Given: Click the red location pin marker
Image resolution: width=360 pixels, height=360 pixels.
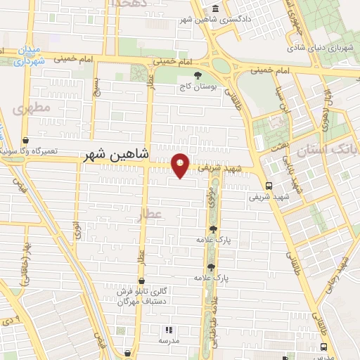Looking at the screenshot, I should click(181, 165).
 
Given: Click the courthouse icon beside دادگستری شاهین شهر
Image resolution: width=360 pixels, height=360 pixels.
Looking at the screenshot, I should click(215, 9).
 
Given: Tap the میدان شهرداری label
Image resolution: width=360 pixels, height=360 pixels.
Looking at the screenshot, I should click(27, 56).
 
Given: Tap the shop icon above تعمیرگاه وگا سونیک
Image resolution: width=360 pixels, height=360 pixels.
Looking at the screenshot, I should click(26, 140).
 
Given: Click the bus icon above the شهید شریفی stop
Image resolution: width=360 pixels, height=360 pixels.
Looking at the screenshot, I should click(269, 186).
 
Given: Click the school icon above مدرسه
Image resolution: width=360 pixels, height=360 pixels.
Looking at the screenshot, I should click(168, 329).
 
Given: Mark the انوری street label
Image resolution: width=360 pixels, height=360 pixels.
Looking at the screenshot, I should click(76, 231).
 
